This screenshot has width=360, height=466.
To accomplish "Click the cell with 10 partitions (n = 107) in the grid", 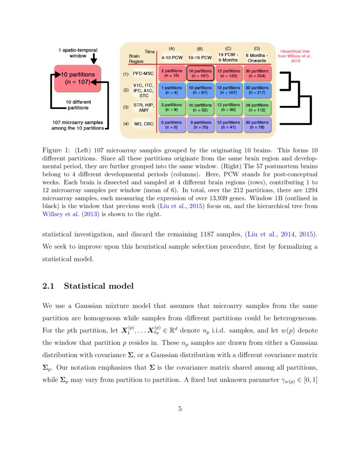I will pos(200,73).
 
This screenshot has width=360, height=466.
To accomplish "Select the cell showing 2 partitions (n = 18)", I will pos(172,73).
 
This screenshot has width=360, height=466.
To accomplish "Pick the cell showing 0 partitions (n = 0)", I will pos(172,125).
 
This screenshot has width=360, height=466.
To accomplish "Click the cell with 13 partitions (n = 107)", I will pos(229,90).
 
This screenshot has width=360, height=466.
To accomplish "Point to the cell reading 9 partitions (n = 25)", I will pos(200,125).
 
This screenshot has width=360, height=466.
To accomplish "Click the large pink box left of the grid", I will pos(77,78).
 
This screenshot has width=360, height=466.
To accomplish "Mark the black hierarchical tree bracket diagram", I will pos(296,98).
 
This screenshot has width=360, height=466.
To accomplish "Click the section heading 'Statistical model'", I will pos(98,286).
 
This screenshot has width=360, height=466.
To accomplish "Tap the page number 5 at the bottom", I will pos(180,409).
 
